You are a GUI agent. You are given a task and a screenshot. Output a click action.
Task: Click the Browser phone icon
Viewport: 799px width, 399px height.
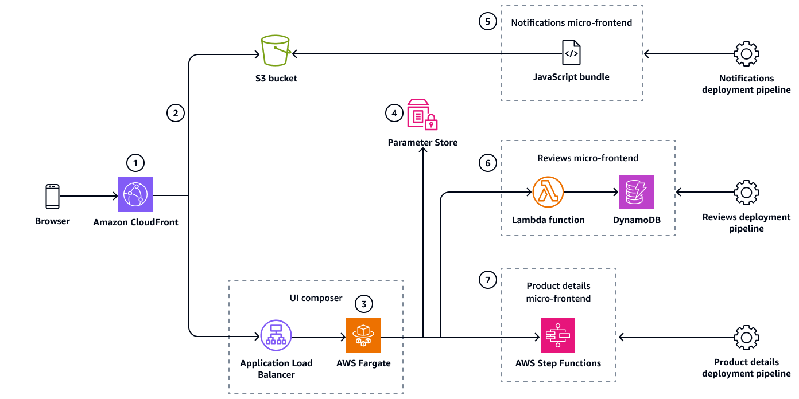point(52,196)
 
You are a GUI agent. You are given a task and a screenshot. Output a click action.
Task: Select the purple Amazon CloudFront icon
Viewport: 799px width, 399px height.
point(136,194)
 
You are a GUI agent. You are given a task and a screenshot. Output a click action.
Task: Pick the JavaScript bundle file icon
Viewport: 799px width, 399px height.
point(571,53)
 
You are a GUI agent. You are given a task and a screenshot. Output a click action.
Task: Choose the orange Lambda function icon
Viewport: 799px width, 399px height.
point(548,192)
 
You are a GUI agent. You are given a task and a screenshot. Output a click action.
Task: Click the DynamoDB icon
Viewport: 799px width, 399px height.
point(637,192)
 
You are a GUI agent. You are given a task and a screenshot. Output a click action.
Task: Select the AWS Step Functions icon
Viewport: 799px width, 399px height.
point(558,336)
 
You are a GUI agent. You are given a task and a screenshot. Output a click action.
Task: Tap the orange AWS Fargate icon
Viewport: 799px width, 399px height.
point(363,336)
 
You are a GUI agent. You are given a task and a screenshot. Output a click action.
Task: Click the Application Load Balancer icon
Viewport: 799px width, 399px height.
point(276,336)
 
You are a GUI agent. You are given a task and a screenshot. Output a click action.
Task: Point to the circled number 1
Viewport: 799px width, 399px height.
point(136,163)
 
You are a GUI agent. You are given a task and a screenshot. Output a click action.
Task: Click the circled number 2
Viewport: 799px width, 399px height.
point(176,113)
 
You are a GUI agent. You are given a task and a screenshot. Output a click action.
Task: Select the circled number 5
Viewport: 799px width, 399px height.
point(487,22)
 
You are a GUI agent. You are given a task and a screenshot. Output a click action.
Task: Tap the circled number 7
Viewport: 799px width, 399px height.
point(487,280)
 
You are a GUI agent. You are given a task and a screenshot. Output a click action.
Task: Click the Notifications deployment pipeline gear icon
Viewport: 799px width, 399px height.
point(746,54)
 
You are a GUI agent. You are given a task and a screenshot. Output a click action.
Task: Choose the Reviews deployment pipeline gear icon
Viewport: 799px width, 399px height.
point(746,193)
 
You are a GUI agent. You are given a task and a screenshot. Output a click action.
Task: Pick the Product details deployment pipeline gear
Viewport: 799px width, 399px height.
point(746,337)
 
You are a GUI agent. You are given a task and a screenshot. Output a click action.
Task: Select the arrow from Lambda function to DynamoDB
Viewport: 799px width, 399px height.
point(591,193)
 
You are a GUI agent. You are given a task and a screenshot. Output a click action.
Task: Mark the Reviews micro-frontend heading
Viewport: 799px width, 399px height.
point(588,158)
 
